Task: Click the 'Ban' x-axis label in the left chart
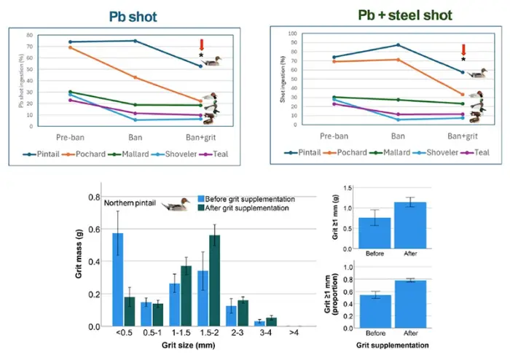(135, 136)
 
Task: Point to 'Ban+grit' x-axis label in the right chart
(462, 135)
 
